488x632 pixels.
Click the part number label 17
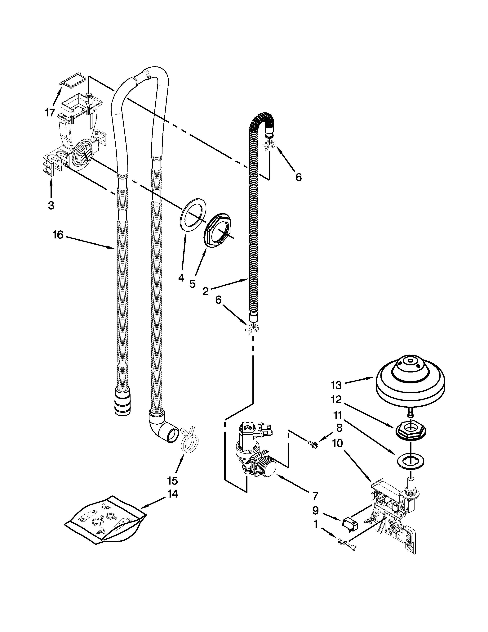[x=50, y=113]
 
